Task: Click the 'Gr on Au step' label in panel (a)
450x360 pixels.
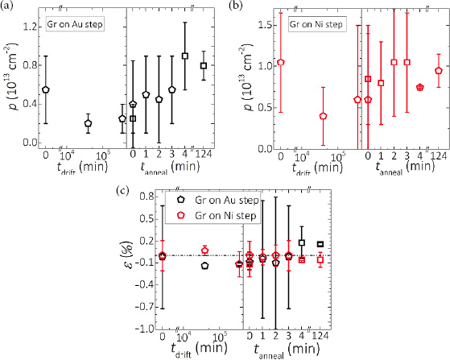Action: click(75, 24)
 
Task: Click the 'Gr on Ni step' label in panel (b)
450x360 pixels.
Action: click(316, 24)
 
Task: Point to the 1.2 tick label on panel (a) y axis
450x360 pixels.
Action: click(30, 27)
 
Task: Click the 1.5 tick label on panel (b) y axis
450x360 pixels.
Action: click(265, 25)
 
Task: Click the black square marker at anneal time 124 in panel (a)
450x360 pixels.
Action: click(204, 65)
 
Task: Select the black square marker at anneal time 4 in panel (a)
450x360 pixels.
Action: click(185, 56)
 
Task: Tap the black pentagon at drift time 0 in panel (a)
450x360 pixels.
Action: click(46, 89)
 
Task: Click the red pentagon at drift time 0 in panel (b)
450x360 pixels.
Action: click(281, 62)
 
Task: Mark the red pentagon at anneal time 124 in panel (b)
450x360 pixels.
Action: click(438, 71)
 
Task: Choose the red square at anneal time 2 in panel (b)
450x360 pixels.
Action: click(394, 62)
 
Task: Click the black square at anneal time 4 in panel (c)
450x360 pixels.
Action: click(302, 242)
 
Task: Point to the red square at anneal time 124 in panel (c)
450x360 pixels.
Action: click(320, 260)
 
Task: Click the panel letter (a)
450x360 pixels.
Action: click(6, 6)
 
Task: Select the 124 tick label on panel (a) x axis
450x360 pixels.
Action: click(204, 154)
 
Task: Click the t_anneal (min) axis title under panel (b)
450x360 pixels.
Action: click(406, 168)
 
